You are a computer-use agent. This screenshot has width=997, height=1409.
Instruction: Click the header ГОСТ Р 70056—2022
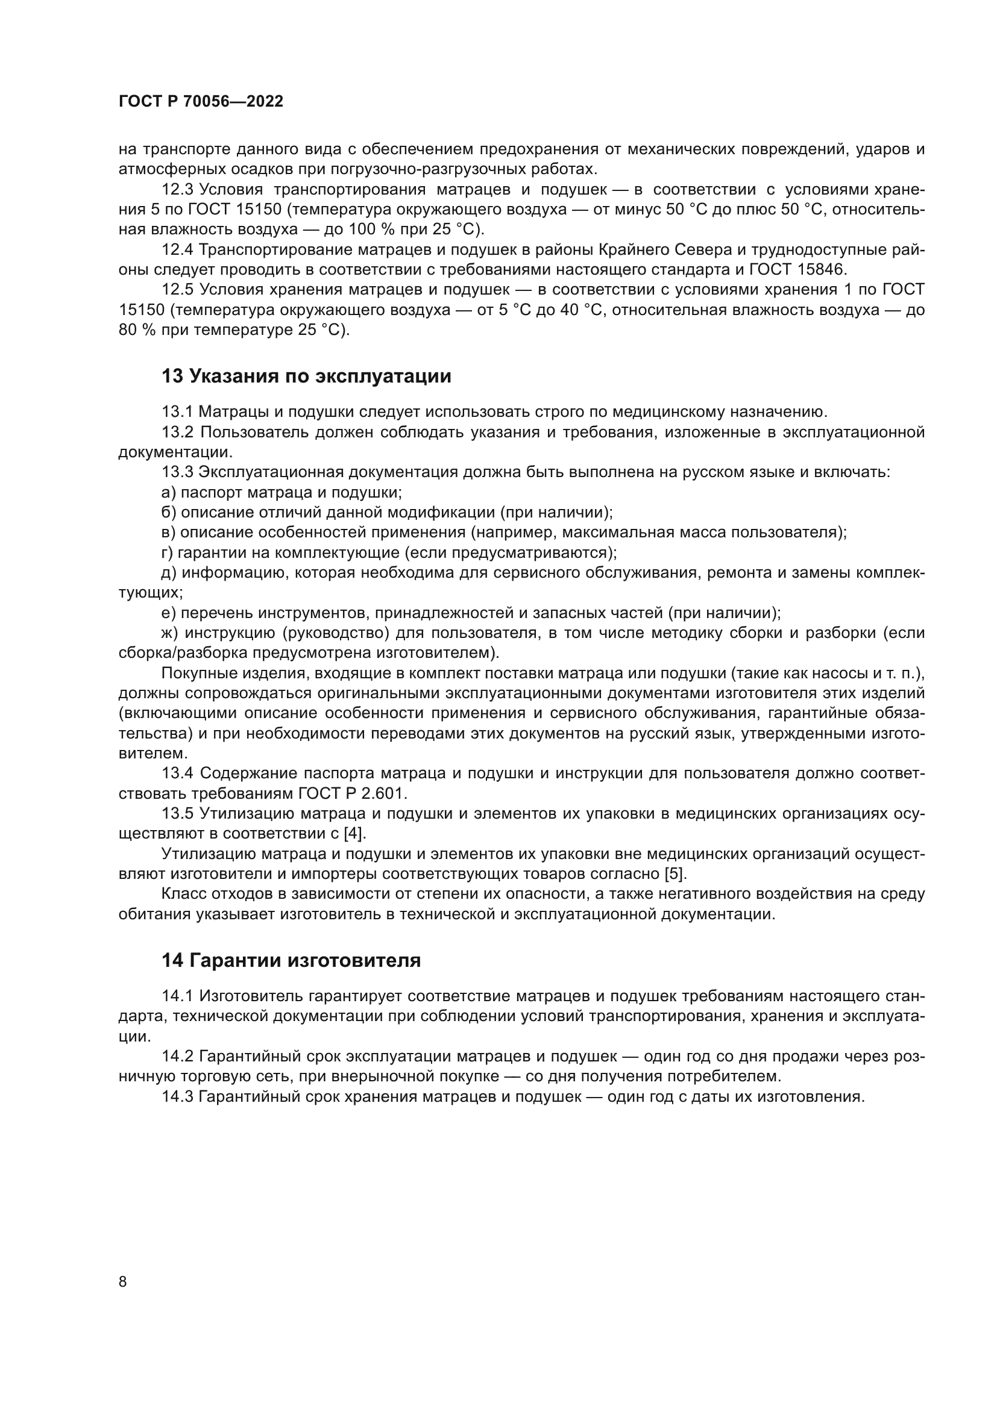point(201,102)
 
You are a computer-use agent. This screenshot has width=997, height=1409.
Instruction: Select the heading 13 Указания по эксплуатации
point(306,376)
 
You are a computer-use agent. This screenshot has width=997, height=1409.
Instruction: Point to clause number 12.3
point(177,190)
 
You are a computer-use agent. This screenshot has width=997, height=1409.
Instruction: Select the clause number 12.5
point(177,290)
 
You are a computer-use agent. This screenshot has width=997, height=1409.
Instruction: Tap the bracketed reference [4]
point(355,834)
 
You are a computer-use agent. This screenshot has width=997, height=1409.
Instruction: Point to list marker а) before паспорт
point(168,493)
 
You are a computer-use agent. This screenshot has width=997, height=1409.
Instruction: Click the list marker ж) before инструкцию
point(170,633)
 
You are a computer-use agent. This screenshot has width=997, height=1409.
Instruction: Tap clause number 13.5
point(177,814)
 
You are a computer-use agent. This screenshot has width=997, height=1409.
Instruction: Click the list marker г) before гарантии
point(167,553)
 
